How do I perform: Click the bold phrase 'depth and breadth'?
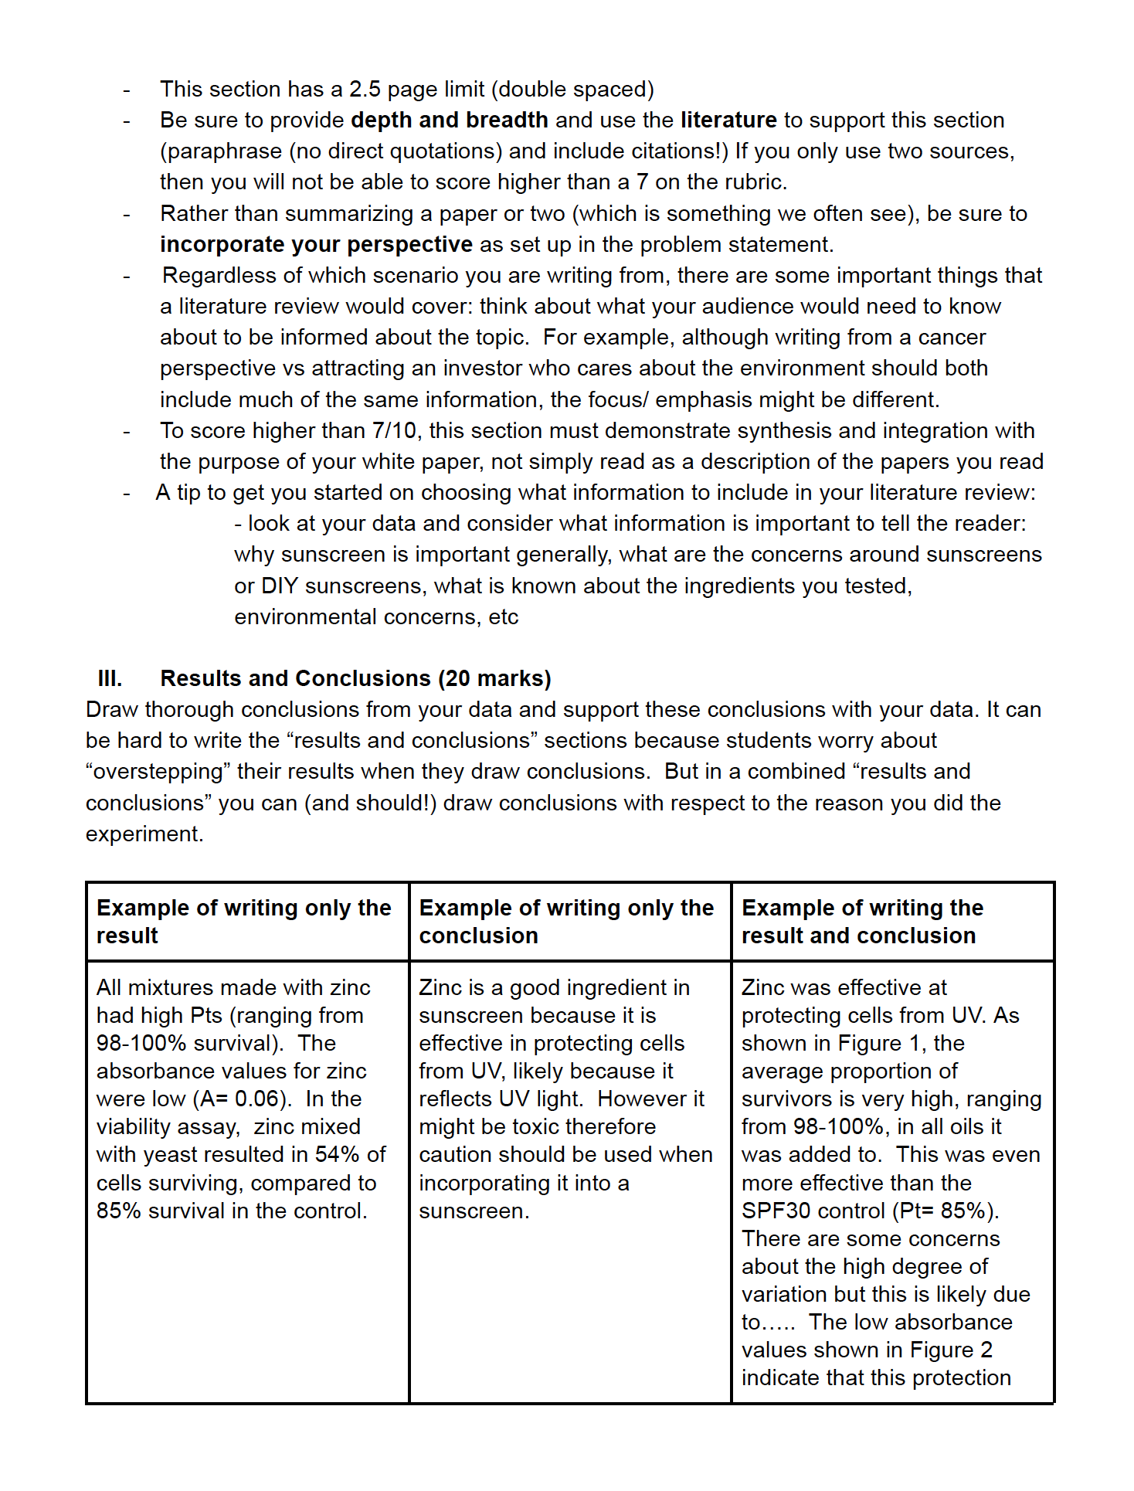tap(449, 121)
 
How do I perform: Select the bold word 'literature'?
tap(728, 121)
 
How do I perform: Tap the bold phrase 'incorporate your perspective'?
tap(316, 245)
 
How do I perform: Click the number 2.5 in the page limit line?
tap(365, 90)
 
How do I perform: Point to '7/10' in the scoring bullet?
tap(394, 431)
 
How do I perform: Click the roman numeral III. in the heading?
tap(110, 679)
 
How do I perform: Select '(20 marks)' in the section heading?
tap(494, 679)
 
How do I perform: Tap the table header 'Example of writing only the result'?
tap(243, 921)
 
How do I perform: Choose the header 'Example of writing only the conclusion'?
tap(565, 921)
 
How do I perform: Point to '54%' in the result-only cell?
tap(338, 1155)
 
